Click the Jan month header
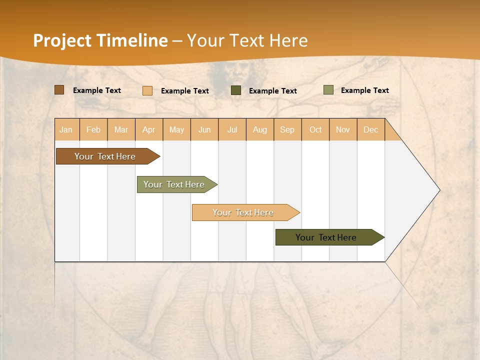(x=66, y=129)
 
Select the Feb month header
(x=93, y=129)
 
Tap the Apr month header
(x=149, y=129)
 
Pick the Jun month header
(x=204, y=129)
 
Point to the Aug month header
(x=260, y=129)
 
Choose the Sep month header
(x=287, y=129)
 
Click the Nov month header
(x=343, y=129)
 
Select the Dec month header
(x=371, y=129)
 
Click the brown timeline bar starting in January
(x=105, y=156)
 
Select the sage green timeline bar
(x=175, y=184)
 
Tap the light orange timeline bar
(x=243, y=212)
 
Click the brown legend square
(x=59, y=90)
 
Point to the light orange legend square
(x=147, y=90)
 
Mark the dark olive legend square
(x=236, y=90)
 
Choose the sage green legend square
(x=328, y=90)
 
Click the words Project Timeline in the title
(x=100, y=40)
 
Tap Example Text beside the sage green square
(x=364, y=90)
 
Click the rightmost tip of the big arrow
(x=439, y=190)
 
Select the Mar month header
(x=121, y=129)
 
